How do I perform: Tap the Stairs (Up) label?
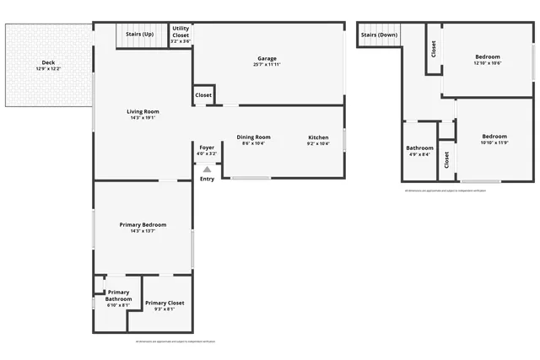pos(139,35)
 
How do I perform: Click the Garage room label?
pos(267,58)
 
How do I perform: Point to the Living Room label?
pos(143,111)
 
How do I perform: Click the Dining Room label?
pos(253,137)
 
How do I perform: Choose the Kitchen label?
pos(317,137)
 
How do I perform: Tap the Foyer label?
pos(207,148)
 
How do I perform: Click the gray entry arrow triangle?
pos(207,169)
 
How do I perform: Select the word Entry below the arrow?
pos(207,179)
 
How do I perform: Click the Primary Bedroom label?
pos(143,224)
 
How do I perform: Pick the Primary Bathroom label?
pos(118,295)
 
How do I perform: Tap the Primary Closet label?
pos(164,303)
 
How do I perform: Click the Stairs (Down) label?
pos(379,35)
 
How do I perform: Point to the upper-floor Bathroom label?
pos(419,148)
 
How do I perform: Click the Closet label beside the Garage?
pos(203,95)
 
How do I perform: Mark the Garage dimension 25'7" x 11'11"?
pos(267,64)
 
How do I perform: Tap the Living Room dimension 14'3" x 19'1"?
pos(143,117)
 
